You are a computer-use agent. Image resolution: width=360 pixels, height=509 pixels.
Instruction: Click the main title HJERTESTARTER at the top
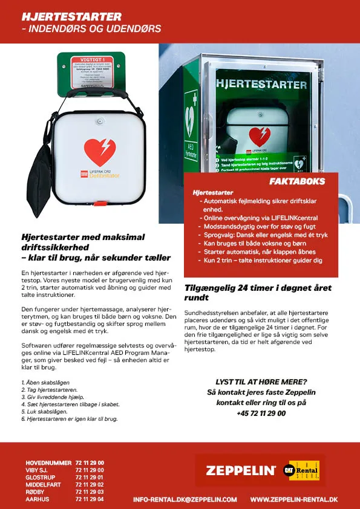[71, 16]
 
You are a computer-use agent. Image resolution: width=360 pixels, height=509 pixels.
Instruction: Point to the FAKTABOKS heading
[296, 181]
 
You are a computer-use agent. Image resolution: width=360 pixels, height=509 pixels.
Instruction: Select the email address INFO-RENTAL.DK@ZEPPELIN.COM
[185, 500]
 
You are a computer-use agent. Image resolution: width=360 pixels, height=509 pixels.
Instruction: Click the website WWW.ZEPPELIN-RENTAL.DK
[293, 500]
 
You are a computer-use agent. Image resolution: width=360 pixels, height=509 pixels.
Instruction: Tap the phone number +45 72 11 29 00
[261, 413]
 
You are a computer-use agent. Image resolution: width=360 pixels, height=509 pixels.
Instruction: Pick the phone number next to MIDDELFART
[90, 484]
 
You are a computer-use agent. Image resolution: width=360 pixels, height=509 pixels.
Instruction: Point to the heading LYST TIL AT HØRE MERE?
[261, 381]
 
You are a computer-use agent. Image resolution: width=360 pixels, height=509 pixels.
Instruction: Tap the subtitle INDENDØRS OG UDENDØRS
[91, 29]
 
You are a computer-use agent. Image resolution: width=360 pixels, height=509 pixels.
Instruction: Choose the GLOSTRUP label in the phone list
[41, 477]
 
